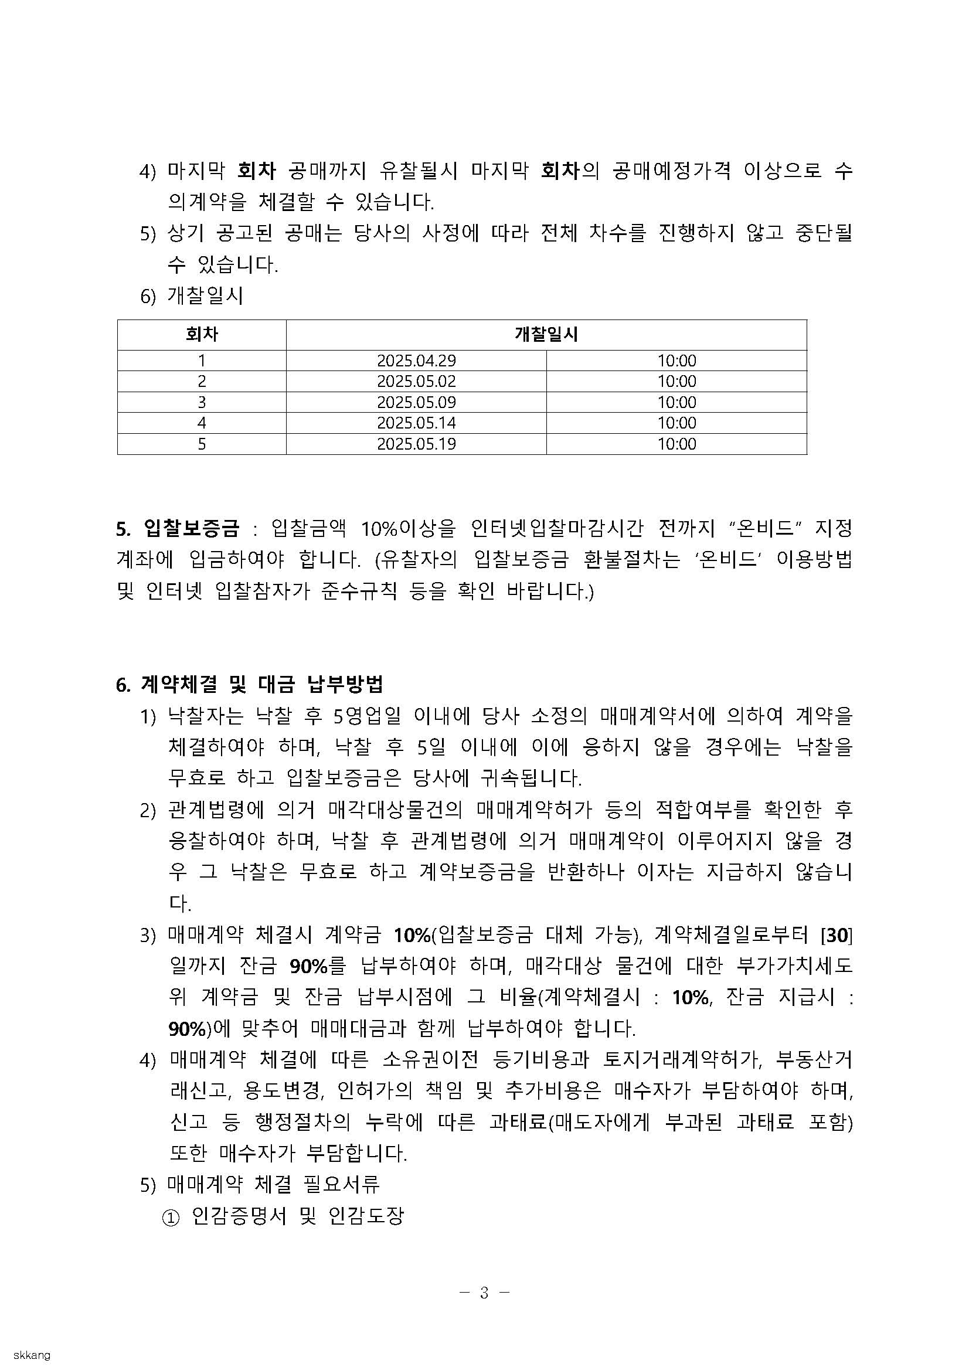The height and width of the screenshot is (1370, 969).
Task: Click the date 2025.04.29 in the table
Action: coord(416,361)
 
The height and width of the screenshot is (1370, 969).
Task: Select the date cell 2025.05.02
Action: coord(416,381)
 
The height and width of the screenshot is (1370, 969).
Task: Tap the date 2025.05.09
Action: coord(416,402)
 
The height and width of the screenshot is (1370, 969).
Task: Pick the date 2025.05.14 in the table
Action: coord(416,423)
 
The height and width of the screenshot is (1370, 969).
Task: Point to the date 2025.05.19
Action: coord(416,444)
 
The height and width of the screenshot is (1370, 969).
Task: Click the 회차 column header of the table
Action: coord(202,334)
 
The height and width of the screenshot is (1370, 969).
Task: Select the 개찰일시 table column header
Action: coord(546,334)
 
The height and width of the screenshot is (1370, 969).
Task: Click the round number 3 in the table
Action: coord(202,402)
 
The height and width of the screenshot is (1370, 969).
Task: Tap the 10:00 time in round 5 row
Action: coord(676,444)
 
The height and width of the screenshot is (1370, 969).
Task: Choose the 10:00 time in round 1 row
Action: coord(676,361)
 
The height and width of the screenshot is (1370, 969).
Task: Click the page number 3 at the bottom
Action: coord(484,1293)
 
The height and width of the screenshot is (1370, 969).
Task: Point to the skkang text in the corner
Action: coord(32,1356)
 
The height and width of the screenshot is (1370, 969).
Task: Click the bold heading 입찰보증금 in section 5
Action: coord(191,528)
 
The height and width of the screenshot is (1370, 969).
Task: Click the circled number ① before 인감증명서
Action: coord(170,1216)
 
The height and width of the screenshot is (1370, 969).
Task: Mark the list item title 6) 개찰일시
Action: coord(192,296)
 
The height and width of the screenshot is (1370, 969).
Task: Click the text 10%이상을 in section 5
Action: coord(408,528)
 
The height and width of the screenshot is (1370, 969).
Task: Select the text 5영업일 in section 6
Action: coord(367,715)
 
